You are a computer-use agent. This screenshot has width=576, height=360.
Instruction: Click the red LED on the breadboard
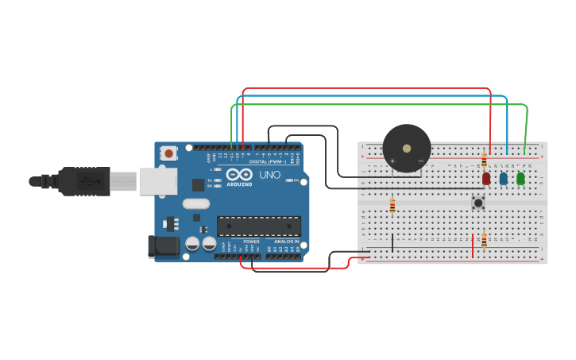pyautogui.click(x=486, y=179)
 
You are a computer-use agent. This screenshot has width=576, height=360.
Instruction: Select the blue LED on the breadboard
pyautogui.click(x=504, y=179)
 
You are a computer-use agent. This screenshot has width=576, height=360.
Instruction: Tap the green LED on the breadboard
pyautogui.click(x=520, y=179)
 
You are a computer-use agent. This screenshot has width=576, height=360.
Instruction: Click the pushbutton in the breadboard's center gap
pyautogui.click(x=478, y=203)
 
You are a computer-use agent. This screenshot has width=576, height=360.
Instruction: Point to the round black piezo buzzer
pyautogui.click(x=406, y=148)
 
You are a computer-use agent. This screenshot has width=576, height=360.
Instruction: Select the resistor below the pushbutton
pyautogui.click(x=484, y=239)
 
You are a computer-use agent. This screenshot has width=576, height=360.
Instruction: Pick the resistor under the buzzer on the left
pyautogui.click(x=392, y=206)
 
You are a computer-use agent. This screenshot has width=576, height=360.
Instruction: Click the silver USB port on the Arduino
pyautogui.click(x=157, y=181)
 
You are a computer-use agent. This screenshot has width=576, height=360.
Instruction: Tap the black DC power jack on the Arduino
pyautogui.click(x=163, y=246)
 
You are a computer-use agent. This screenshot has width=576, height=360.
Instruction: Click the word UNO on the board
pyautogui.click(x=269, y=175)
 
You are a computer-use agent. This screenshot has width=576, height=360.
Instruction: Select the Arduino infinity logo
pyautogui.click(x=239, y=175)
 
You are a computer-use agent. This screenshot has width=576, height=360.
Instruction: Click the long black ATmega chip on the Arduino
pyautogui.click(x=259, y=226)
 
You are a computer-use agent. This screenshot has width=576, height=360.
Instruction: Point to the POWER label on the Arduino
pyautogui.click(x=251, y=242)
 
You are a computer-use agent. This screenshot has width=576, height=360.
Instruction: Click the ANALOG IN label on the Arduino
pyautogui.click(x=287, y=242)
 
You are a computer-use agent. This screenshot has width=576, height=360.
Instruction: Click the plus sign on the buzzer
pyautogui.click(x=392, y=161)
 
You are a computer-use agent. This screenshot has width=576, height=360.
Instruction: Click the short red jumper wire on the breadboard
pyautogui.click(x=473, y=246)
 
